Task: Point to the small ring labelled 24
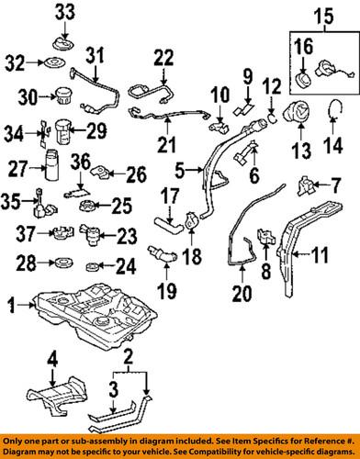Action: pos(92,267)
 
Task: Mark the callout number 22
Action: pos(162,57)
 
